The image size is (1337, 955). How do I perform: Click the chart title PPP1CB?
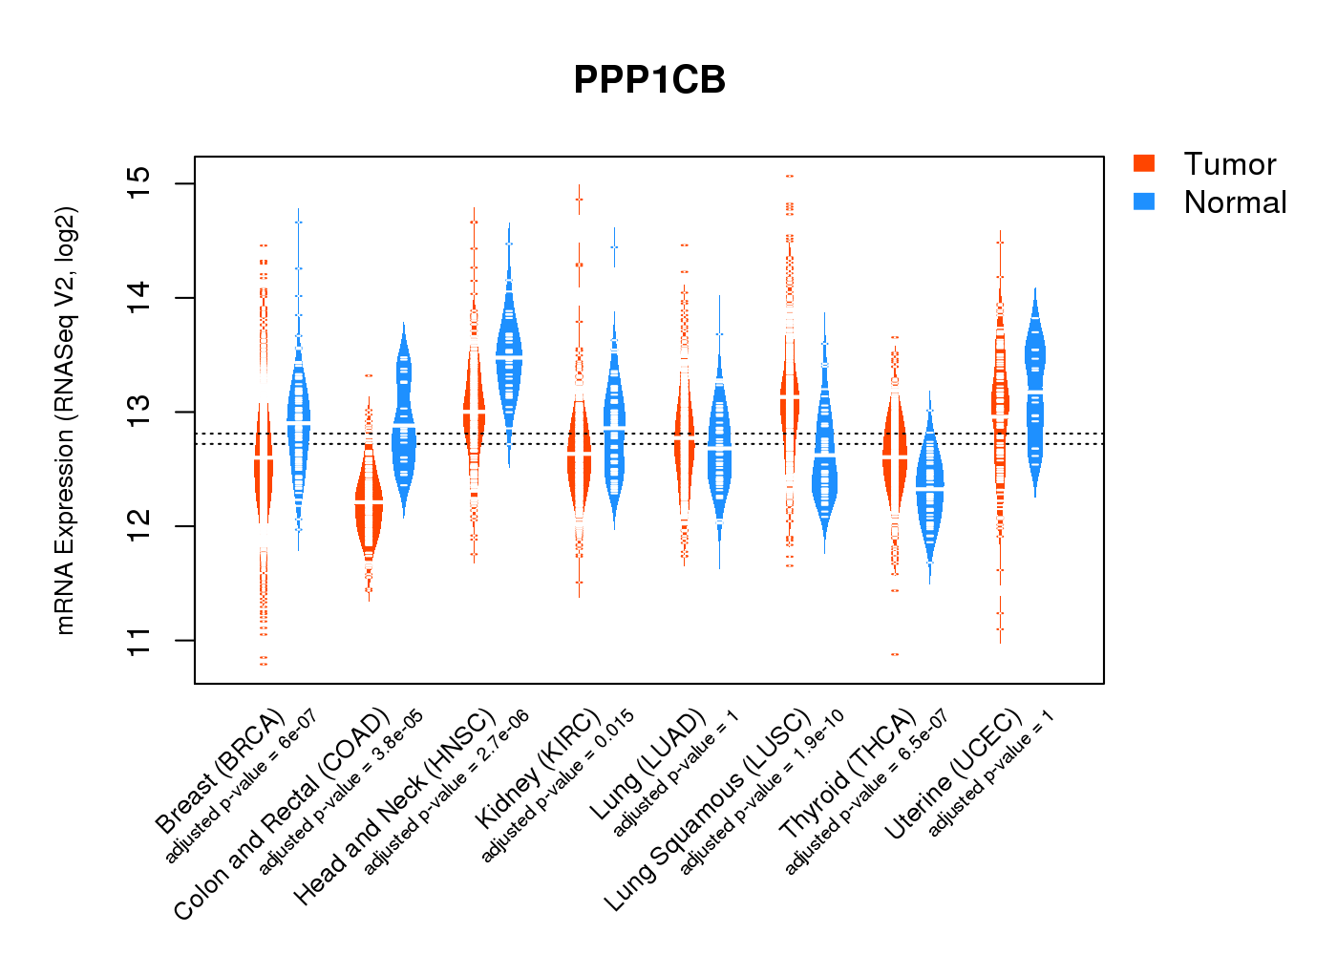(x=649, y=80)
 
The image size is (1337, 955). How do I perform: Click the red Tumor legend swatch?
(x=1144, y=163)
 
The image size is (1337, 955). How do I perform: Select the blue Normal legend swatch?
(x=1144, y=202)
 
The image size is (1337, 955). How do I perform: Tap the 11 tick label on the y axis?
(x=139, y=641)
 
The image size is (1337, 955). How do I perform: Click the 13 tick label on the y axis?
(x=139, y=413)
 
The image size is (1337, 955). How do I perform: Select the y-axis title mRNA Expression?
(x=65, y=420)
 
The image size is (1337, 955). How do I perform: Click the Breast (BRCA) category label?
(x=220, y=772)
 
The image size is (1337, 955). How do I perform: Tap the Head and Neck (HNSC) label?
(x=394, y=807)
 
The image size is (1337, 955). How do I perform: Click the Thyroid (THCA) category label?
(x=848, y=775)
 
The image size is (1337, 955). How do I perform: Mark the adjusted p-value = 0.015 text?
(x=557, y=786)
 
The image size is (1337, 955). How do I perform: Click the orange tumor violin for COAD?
(x=369, y=501)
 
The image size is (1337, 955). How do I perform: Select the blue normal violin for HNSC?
(x=509, y=358)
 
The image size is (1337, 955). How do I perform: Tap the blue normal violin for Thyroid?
(x=929, y=487)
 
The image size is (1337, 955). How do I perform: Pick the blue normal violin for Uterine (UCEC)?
(x=1034, y=392)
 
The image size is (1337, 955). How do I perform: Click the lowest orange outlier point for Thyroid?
(x=895, y=654)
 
